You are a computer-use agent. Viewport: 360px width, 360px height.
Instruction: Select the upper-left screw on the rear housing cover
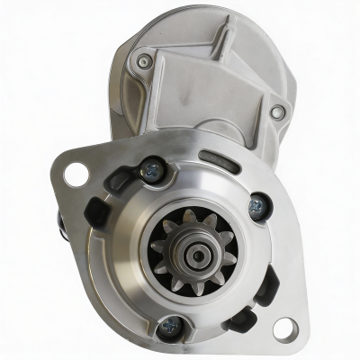click(145, 61)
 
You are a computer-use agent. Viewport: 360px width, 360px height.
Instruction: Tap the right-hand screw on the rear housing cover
click(278, 112)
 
